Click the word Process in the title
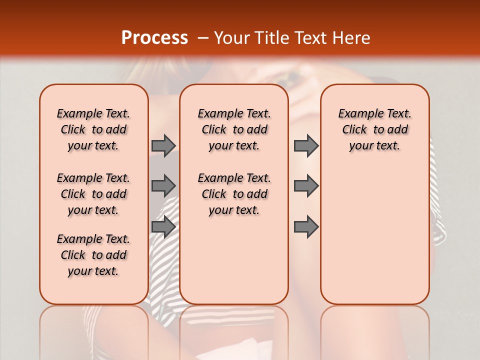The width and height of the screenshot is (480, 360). click(x=154, y=38)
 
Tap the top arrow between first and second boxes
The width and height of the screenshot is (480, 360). click(x=163, y=145)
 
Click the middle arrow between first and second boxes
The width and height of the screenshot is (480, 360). click(x=163, y=186)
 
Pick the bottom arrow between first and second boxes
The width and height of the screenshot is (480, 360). click(x=163, y=227)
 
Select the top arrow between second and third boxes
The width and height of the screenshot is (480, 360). click(x=305, y=145)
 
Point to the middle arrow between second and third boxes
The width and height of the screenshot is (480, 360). click(x=305, y=186)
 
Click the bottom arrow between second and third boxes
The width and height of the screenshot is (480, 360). click(x=305, y=227)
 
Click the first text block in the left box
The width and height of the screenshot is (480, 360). click(x=93, y=129)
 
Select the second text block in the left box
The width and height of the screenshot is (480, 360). click(x=93, y=194)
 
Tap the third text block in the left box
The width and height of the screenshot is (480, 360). click(x=93, y=255)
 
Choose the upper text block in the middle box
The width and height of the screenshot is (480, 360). click(x=234, y=129)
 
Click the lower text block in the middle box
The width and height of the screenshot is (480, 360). click(x=234, y=194)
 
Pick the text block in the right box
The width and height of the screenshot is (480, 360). click(x=374, y=129)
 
